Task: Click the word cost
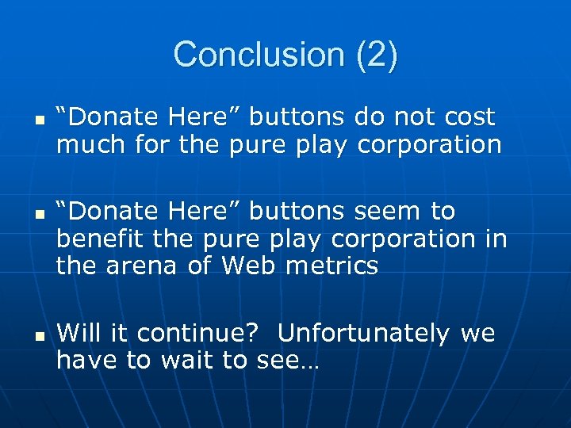click(x=468, y=117)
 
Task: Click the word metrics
click(x=331, y=267)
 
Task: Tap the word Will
click(x=79, y=333)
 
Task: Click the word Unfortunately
click(x=363, y=333)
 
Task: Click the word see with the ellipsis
click(x=287, y=361)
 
